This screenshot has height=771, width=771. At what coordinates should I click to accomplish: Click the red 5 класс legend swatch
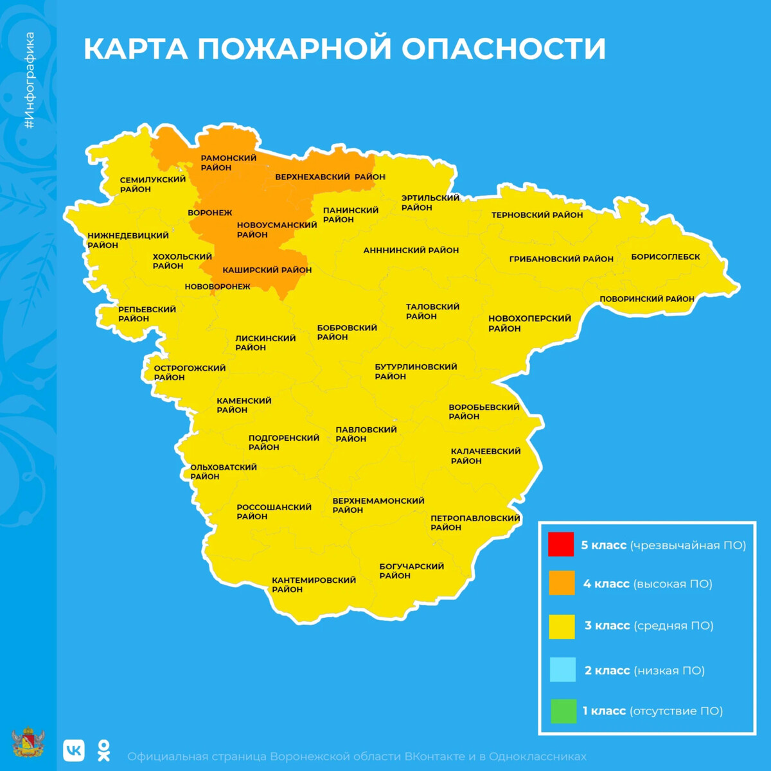(x=560, y=544)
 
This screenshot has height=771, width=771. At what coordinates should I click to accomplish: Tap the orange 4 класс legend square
(x=561, y=583)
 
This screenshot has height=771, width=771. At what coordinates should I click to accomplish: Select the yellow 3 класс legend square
(x=561, y=626)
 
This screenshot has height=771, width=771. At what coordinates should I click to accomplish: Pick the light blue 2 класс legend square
(x=562, y=669)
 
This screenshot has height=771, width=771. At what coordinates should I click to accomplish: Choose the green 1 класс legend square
(x=563, y=711)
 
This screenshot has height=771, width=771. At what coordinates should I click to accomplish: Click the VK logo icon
(x=74, y=750)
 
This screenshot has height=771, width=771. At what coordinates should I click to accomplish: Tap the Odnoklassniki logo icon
(x=103, y=750)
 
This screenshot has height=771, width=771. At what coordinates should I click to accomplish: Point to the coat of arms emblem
(x=28, y=743)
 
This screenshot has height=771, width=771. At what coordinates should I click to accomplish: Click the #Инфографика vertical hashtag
(x=30, y=80)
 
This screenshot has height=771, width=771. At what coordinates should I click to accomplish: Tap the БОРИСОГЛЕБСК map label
(x=665, y=257)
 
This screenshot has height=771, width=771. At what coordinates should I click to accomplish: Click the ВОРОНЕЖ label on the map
(x=209, y=213)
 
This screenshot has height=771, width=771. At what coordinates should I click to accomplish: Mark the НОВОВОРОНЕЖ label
(x=217, y=287)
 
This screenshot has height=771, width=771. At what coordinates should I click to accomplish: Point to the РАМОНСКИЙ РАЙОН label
(x=228, y=163)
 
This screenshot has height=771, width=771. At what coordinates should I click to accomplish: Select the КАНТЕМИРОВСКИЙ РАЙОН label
(x=313, y=585)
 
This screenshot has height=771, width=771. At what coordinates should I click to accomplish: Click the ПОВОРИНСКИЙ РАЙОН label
(x=646, y=299)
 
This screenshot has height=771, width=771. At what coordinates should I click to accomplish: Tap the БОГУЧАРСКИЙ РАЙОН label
(x=411, y=571)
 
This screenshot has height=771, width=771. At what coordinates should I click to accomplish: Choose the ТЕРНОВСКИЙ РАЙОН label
(x=536, y=215)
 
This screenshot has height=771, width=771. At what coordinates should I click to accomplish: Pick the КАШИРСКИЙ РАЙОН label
(x=267, y=270)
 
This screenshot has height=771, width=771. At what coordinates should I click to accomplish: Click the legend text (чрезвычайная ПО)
(x=688, y=545)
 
